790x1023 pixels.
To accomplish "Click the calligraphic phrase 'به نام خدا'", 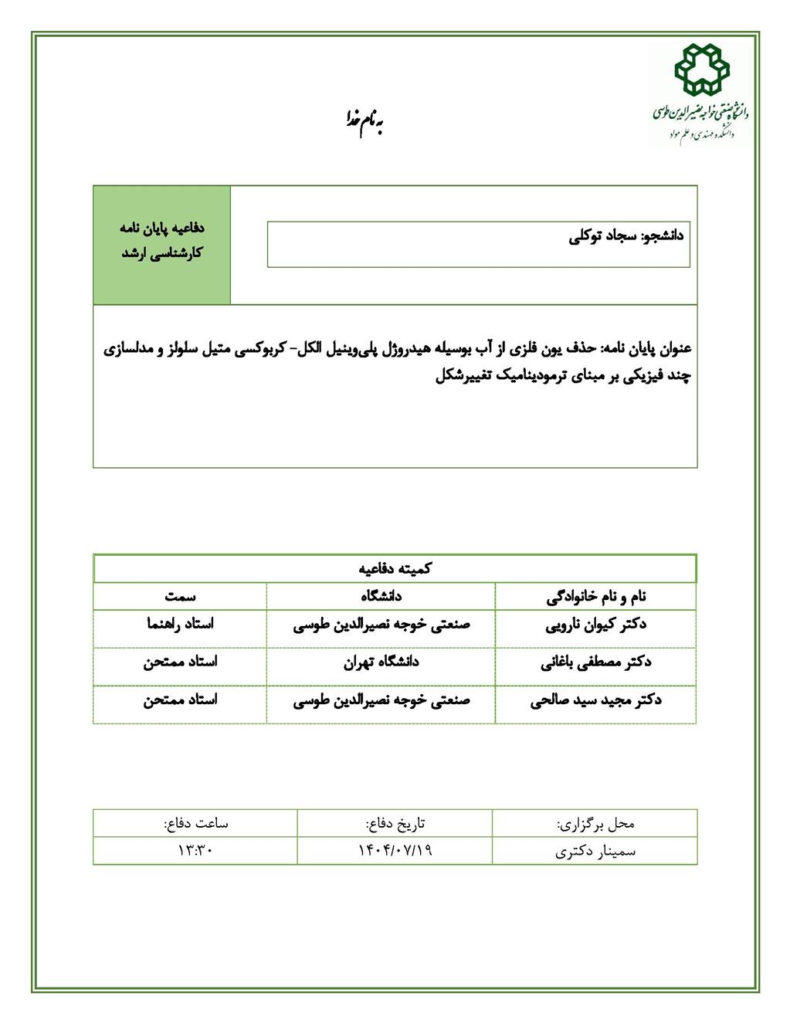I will [x=364, y=120].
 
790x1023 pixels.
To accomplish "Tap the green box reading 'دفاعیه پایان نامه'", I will [x=162, y=229].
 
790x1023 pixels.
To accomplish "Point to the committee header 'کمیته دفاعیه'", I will [x=395, y=569].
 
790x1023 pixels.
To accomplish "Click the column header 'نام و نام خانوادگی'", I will [x=596, y=596].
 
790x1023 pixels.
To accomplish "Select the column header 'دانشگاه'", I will [x=381, y=596].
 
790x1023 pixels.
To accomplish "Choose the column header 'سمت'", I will [x=180, y=596].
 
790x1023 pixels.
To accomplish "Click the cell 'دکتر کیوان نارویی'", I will [x=596, y=625].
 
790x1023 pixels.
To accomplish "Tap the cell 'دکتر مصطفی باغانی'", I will [x=596, y=662].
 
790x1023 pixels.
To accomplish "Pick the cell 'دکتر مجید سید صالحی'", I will [x=596, y=701].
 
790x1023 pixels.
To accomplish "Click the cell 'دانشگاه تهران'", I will [x=381, y=662].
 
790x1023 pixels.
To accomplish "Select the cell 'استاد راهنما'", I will [x=180, y=624].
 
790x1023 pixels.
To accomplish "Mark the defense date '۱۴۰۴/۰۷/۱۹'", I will [x=395, y=851].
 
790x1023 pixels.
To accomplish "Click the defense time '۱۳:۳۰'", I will [x=195, y=851].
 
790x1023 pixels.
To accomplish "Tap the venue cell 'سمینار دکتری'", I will [x=595, y=852].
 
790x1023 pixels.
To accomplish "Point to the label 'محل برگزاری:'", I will [x=595, y=824].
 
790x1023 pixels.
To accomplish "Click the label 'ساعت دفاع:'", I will [x=195, y=823].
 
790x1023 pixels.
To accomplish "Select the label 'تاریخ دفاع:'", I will [x=395, y=824].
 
